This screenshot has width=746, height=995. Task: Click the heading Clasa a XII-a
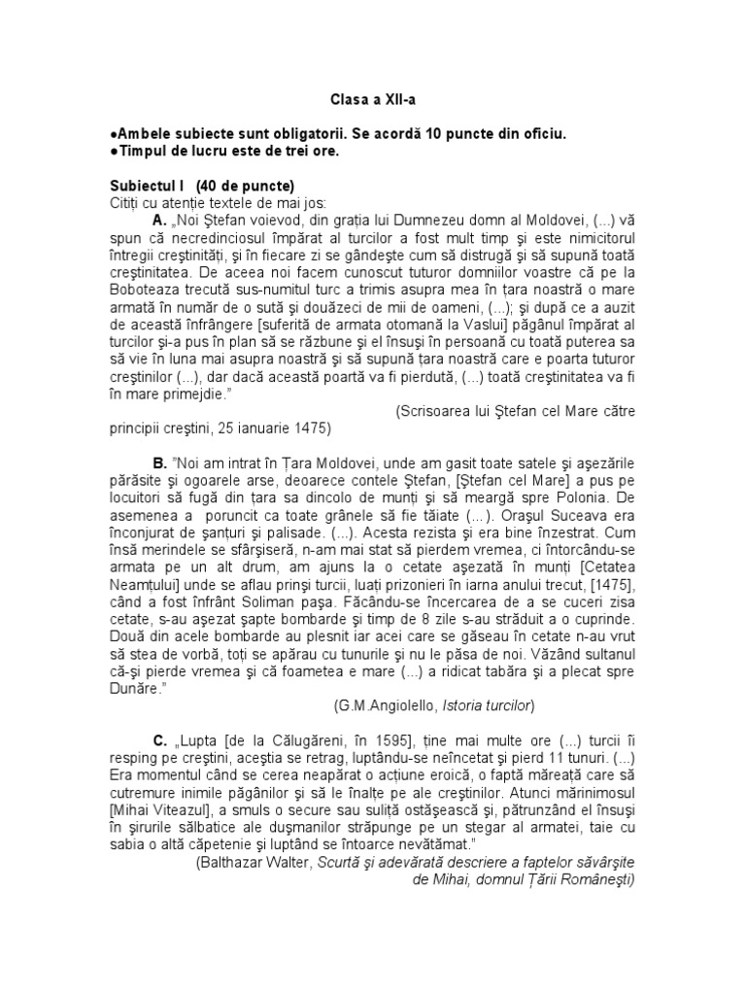[x=372, y=99]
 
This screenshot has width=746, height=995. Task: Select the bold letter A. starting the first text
[x=161, y=221]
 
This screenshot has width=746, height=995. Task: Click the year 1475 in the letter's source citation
[x=312, y=428]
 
